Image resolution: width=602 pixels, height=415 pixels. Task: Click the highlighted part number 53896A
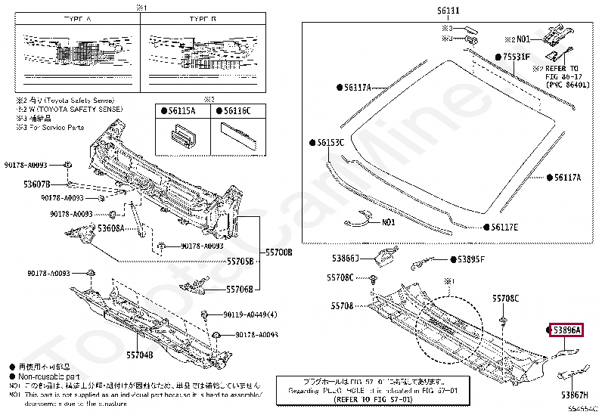pyautogui.click(x=566, y=330)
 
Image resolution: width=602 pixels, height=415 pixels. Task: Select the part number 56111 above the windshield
pyautogui.click(x=447, y=11)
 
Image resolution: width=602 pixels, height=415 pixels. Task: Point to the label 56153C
pyautogui.click(x=330, y=142)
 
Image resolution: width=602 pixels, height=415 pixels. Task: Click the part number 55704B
pyautogui.click(x=139, y=354)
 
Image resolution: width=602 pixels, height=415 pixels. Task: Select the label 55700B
pyautogui.click(x=278, y=252)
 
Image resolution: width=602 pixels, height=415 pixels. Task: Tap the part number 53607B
pyautogui.click(x=36, y=184)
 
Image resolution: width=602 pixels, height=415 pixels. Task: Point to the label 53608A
pyautogui.click(x=110, y=227)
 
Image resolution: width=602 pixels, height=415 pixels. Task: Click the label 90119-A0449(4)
pyautogui.click(x=250, y=315)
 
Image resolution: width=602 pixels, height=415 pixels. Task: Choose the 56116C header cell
pyautogui.click(x=237, y=111)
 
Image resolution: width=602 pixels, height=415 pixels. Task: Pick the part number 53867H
pyautogui.click(x=576, y=395)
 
